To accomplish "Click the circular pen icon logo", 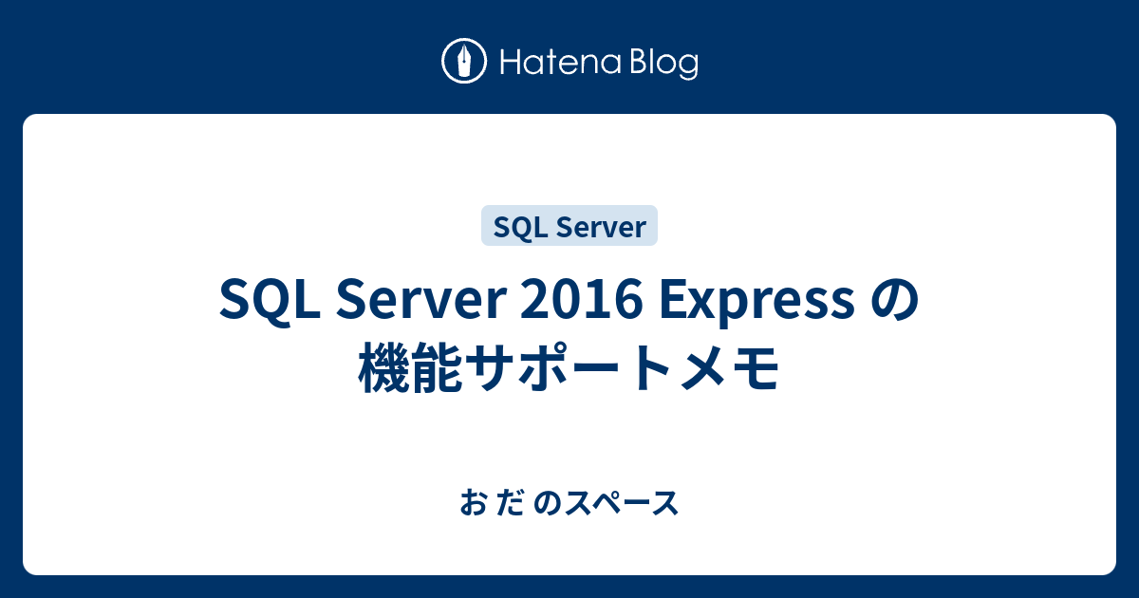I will click(464, 62).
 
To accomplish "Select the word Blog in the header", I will click(663, 64).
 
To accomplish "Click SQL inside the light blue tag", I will click(514, 227).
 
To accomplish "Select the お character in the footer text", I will click(471, 504).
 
